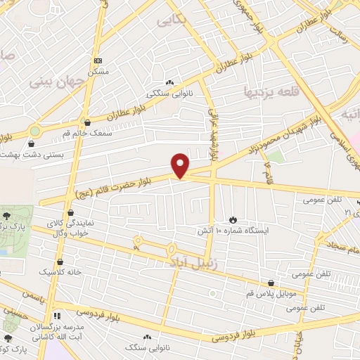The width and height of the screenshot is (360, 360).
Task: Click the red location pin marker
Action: tap(181, 166)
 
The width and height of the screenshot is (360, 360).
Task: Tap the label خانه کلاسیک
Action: tap(60, 271)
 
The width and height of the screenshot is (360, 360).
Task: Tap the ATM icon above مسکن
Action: tap(98, 61)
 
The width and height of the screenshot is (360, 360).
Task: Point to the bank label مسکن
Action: tap(98, 72)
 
